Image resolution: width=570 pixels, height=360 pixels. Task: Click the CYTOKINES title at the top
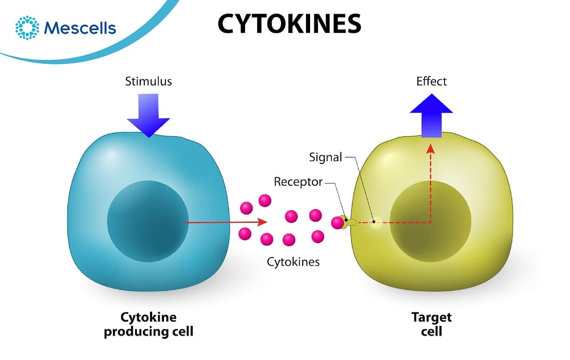coord(289,24)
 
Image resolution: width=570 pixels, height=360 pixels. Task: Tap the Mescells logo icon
coord(27,28)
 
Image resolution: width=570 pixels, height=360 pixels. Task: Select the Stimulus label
coord(148,81)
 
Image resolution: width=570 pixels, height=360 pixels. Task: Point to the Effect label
coord(431,81)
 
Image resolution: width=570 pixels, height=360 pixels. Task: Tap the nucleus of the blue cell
coord(148,221)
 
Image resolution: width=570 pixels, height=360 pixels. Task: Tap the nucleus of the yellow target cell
coord(430,223)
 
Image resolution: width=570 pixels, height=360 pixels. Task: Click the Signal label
coord(325,157)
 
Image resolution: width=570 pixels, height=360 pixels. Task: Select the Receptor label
coord(298,182)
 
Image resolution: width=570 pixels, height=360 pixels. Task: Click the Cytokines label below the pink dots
coord(294,262)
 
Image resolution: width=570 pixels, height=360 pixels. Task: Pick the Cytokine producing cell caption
coord(148,324)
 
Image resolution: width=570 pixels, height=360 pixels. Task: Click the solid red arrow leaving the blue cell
coord(228,222)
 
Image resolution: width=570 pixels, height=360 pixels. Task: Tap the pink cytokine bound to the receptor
coord(337,222)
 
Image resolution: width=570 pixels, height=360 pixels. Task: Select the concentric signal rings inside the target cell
coord(374,222)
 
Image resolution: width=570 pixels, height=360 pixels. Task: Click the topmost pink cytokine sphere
coord(264,200)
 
